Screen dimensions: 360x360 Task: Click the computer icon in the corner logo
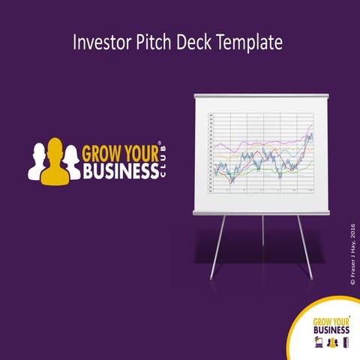[x=318, y=343]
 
